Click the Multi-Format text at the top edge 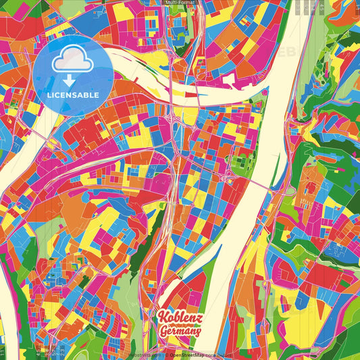pos(180,3)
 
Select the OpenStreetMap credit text pos(190,354)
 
